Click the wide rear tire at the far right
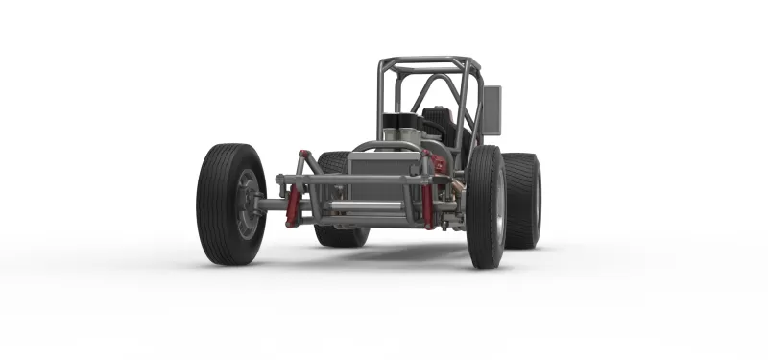click(x=522, y=200)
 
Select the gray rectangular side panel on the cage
click(x=491, y=109)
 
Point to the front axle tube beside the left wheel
click(x=274, y=204)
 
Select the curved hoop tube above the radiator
click(x=384, y=145)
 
